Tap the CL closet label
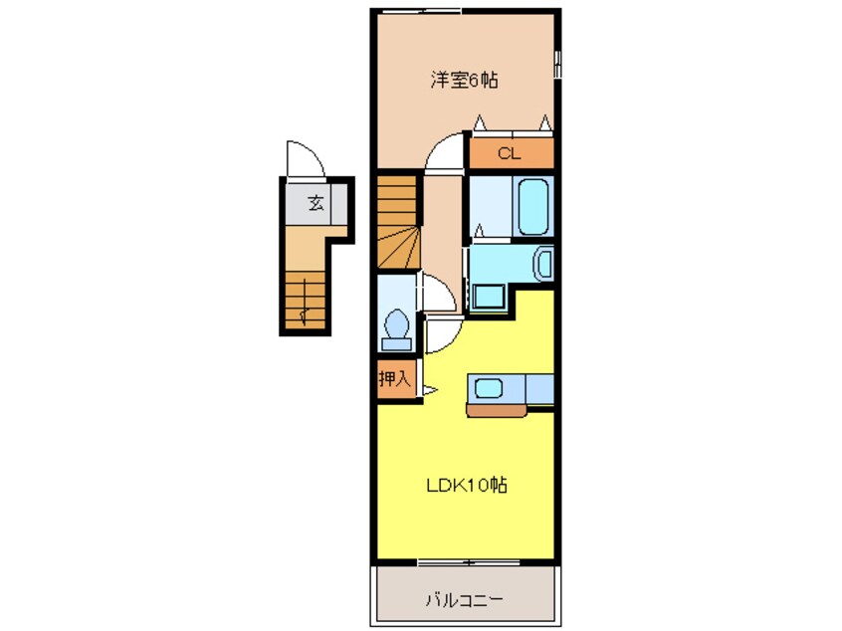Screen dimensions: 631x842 pos(509,153)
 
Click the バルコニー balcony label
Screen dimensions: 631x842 pos(464,599)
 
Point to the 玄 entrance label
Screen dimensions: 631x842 pos(316,204)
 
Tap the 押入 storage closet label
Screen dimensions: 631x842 pos(393,378)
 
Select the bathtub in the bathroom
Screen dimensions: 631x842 pos(533,206)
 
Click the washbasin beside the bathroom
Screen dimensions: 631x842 pos(543,265)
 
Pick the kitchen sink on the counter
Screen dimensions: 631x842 pos(488,387)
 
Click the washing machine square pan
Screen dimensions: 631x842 pos(489,297)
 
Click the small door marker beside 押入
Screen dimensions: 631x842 pos(430,389)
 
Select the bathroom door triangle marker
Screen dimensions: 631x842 pos(479,230)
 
